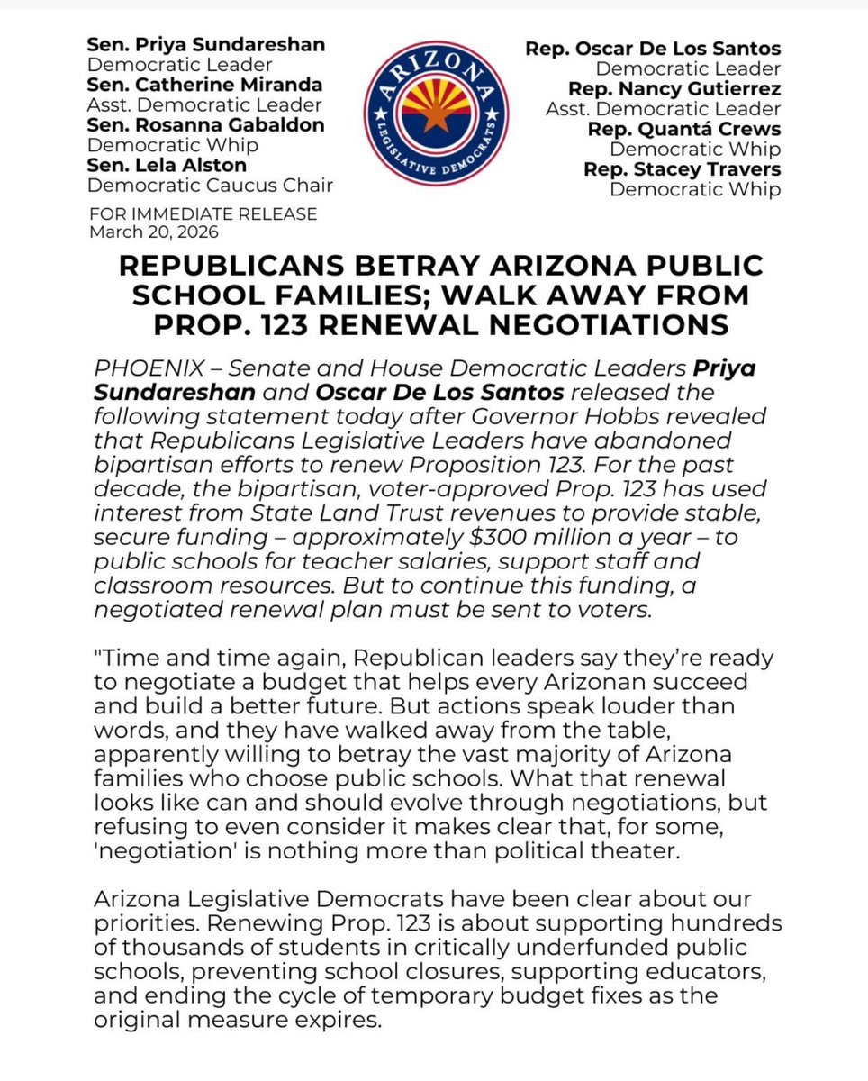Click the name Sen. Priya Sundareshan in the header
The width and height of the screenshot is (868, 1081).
pyautogui.click(x=205, y=45)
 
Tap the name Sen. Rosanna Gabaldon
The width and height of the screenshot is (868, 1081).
pyautogui.click(x=205, y=125)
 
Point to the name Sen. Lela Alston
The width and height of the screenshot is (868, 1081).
pyautogui.click(x=164, y=165)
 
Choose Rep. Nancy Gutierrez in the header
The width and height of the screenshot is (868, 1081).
pyautogui.click(x=674, y=88)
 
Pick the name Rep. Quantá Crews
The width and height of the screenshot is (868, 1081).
pyautogui.click(x=683, y=129)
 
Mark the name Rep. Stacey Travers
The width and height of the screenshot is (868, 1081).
pyautogui.click(x=682, y=168)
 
